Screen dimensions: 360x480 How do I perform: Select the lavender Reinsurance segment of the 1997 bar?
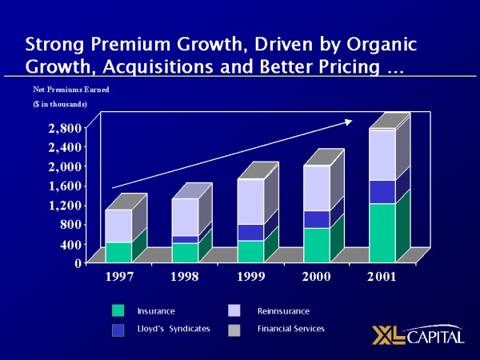[x=118, y=226]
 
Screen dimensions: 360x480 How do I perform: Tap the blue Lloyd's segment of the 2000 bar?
[x=316, y=219]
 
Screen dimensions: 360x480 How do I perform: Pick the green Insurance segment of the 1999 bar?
[x=250, y=251]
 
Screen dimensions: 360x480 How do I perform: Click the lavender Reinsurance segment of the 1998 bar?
[x=185, y=217]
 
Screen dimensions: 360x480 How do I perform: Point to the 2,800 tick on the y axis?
[x=63, y=128]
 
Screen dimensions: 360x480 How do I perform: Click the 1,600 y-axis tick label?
[x=63, y=186]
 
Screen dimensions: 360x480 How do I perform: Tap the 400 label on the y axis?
[x=70, y=244]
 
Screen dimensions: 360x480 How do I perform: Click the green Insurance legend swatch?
[x=118, y=310]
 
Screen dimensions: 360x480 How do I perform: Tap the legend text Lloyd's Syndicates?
[x=173, y=329]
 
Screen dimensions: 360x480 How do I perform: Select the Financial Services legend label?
[x=291, y=329]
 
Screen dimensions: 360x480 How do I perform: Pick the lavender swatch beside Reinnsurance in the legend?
[x=234, y=310]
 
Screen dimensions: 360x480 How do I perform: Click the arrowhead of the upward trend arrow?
[x=348, y=122]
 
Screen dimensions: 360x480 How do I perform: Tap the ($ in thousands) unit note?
[x=59, y=105]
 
